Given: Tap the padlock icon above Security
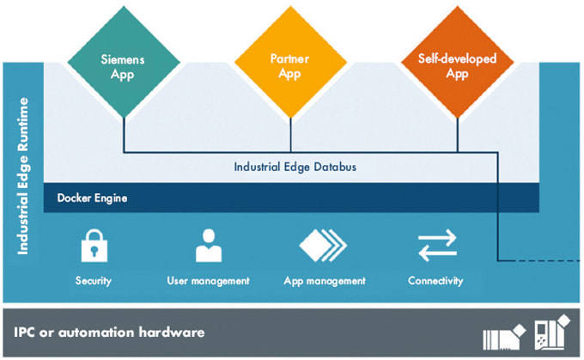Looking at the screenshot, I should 93,247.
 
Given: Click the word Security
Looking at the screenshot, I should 93,281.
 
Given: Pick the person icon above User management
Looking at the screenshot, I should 208,246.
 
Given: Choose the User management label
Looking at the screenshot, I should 208,281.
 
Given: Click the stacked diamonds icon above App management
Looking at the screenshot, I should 324,246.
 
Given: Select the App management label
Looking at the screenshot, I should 325,281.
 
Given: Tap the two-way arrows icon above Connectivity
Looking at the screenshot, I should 436,247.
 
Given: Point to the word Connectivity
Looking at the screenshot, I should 436,281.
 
